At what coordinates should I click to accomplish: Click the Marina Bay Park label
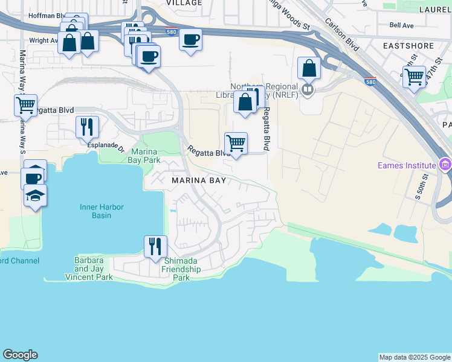click(x=144, y=156)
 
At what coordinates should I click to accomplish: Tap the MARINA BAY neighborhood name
click(x=199, y=180)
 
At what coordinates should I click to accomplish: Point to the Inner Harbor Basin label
click(x=102, y=212)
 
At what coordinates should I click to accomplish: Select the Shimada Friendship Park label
click(x=182, y=268)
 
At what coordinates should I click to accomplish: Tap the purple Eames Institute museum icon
click(x=445, y=164)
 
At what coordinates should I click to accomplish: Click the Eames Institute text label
click(x=406, y=165)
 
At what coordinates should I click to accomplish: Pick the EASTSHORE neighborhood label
click(x=409, y=45)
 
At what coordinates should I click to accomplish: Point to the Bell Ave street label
click(x=402, y=25)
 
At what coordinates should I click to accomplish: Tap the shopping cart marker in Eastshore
click(x=415, y=76)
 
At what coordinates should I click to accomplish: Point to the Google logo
click(x=20, y=355)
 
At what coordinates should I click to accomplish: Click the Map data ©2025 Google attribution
click(x=415, y=357)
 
